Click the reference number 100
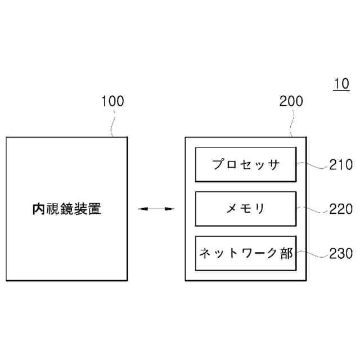click(112, 102)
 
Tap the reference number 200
click(291, 102)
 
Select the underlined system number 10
click(341, 84)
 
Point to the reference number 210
click(341, 165)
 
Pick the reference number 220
click(341, 209)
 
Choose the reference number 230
click(341, 253)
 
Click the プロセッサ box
click(246, 165)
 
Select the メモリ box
click(246, 209)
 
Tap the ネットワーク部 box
click(246, 253)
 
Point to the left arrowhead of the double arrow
click(141, 209)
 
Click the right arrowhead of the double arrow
click(172, 209)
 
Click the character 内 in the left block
click(38, 209)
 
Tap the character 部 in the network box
click(286, 253)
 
